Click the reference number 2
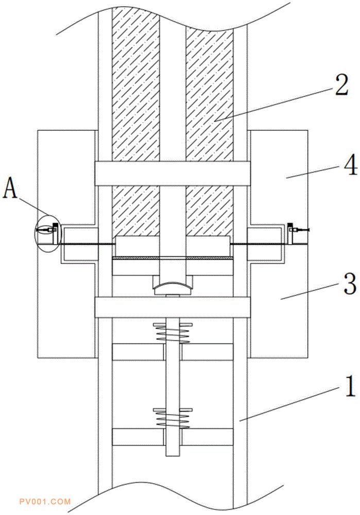[x=341, y=85]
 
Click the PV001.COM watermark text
[x=45, y=502]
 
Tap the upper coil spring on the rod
[x=173, y=333]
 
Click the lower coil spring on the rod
[x=173, y=418]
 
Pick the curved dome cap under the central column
[x=173, y=288]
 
